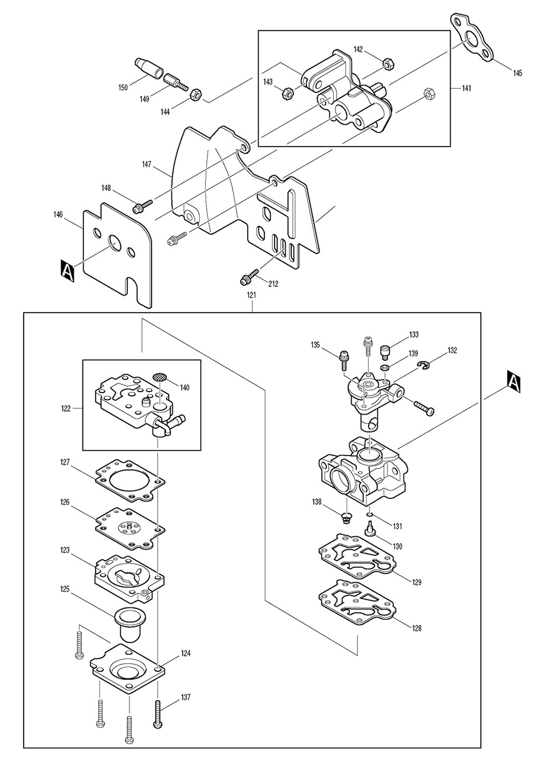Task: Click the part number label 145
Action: [x=517, y=73]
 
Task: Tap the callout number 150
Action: [x=123, y=87]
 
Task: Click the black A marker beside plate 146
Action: [x=67, y=270]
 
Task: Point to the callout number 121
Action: [x=252, y=295]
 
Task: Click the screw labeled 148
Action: [x=142, y=206]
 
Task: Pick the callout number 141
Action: [x=466, y=88]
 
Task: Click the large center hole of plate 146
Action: [x=115, y=243]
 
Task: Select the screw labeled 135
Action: [x=343, y=360]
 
